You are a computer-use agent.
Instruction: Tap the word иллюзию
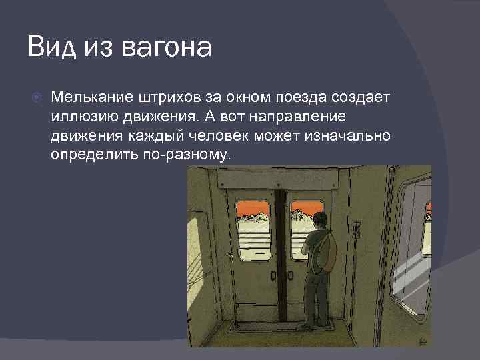pyautogui.click(x=79, y=117)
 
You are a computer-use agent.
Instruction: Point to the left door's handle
pyautogui.click(x=273, y=275)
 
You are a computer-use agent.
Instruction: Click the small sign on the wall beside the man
pyautogui.click(x=357, y=229)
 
